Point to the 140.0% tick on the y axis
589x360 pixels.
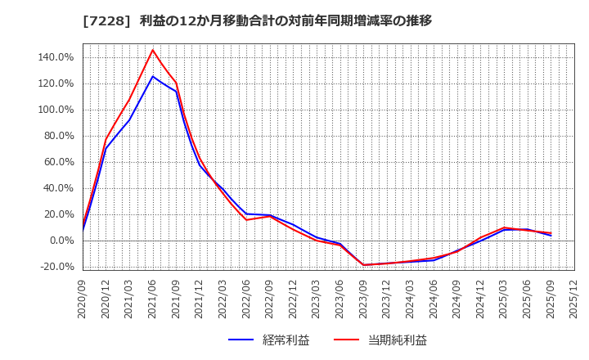56,57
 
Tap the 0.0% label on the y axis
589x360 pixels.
62,241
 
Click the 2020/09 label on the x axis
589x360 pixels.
83,296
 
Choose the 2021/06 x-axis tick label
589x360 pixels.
153,296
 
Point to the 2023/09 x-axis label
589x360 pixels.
364,296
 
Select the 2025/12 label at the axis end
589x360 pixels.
574,296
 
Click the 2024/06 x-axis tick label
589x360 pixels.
434,296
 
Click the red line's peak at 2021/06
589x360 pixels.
153,50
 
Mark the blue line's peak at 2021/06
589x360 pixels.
153,76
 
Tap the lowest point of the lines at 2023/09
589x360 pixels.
364,265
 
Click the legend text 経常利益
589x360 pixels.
286,340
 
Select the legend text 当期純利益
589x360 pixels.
398,340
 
